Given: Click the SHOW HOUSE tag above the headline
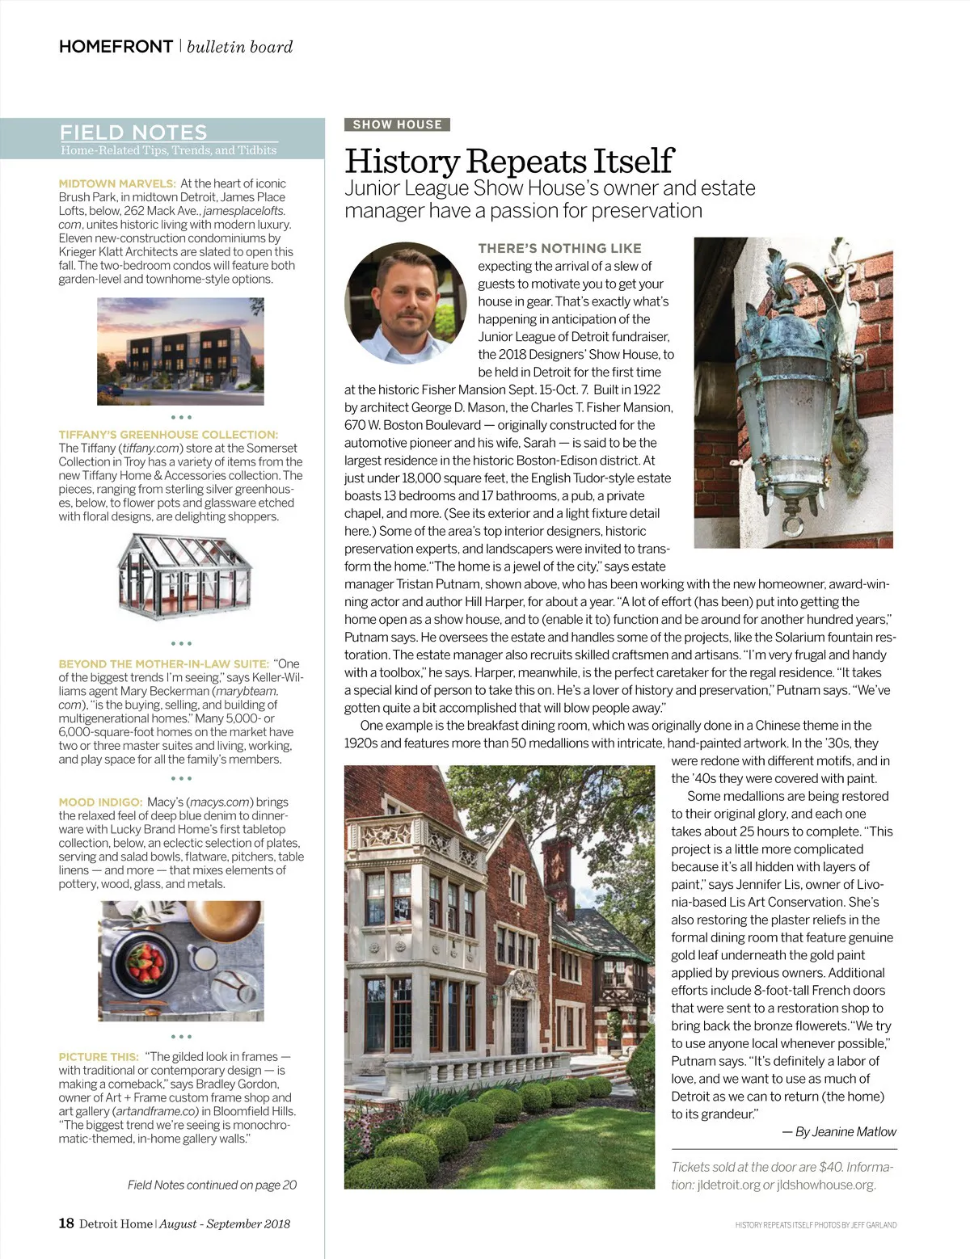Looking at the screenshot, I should tap(397, 124).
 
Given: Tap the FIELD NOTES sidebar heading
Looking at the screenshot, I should tap(133, 133).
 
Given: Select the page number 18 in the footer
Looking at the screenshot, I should tap(66, 1223).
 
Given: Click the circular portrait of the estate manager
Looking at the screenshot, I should tap(405, 302).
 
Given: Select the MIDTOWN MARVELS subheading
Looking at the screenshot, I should tap(117, 183).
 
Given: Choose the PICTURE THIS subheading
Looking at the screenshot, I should tap(99, 1057).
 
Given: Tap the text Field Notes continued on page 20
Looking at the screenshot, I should tap(212, 1185).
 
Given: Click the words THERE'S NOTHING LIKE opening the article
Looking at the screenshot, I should tap(559, 248).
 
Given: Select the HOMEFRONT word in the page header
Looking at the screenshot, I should tap(116, 47).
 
